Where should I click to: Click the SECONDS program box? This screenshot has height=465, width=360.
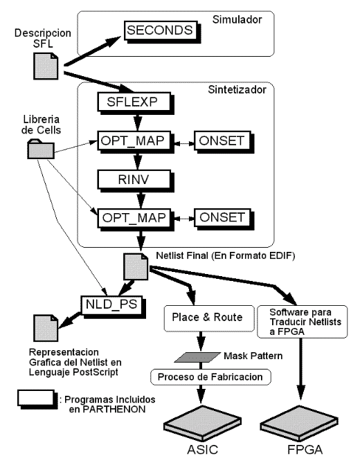(162, 31)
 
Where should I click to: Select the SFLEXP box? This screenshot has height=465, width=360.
(136, 103)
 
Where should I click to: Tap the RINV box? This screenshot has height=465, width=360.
(136, 181)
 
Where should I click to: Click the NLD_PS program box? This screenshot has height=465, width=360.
(114, 307)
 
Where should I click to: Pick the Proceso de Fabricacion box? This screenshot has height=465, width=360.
(210, 377)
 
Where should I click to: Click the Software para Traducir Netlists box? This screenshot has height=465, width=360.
(302, 322)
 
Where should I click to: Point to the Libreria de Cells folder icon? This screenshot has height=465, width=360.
(41, 149)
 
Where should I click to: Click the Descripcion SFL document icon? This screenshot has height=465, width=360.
(46, 66)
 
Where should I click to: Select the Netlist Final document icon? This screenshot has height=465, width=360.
(136, 266)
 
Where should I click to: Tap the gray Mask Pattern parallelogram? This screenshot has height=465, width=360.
(197, 357)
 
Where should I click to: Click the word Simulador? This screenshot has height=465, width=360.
(237, 19)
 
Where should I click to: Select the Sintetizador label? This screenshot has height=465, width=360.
(237, 89)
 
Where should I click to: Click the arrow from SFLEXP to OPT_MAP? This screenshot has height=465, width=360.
(137, 122)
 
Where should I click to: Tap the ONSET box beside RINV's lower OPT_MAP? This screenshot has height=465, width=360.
(224, 219)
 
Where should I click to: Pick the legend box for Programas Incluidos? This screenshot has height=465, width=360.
(37, 399)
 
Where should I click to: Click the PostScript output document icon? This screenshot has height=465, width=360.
(46, 328)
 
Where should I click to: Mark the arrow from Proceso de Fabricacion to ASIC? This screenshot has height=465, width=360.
(201, 394)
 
